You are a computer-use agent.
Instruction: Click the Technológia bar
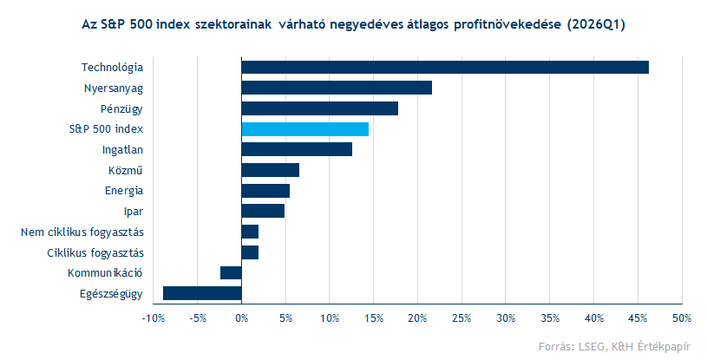(444, 67)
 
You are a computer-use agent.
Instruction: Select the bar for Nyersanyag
(336, 88)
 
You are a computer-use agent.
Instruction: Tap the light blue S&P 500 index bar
(304, 129)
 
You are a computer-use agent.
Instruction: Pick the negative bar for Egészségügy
(202, 293)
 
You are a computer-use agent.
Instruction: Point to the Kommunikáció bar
(231, 272)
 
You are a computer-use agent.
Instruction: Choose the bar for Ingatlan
(296, 149)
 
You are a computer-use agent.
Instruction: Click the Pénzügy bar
(319, 108)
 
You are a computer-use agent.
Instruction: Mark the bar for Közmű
(270, 170)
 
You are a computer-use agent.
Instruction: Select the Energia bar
(265, 191)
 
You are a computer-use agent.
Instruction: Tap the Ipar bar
(262, 211)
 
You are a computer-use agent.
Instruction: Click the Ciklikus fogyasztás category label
(95, 252)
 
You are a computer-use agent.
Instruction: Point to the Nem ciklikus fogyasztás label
(82, 232)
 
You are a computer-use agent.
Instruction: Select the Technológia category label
(112, 67)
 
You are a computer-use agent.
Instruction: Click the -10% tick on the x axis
(153, 317)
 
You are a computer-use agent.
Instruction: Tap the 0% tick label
(241, 317)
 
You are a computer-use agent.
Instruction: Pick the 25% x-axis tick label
(462, 317)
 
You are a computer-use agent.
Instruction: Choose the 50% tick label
(681, 317)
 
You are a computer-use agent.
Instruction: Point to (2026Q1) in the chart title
(596, 25)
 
